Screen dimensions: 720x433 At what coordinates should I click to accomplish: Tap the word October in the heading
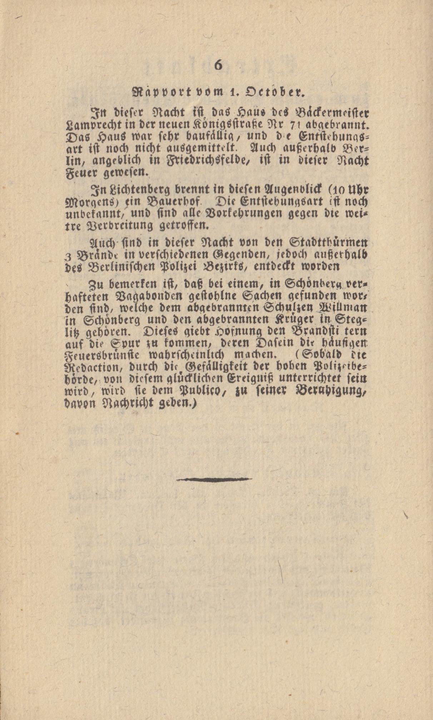point(274,93)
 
